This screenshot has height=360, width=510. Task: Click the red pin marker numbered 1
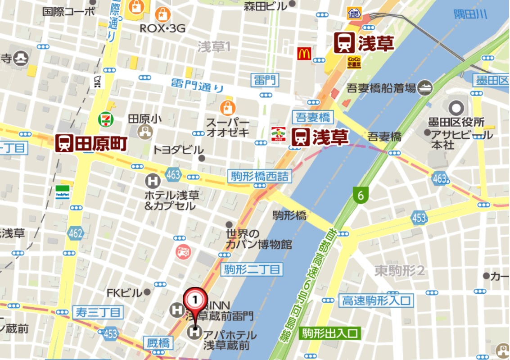(195, 299)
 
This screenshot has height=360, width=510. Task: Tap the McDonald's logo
(304, 54)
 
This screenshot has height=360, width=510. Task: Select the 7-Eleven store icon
(106, 119)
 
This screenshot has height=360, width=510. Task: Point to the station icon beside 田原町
(64, 143)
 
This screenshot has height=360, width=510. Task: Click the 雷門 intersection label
(266, 81)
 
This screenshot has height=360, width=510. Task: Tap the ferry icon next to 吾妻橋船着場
(425, 88)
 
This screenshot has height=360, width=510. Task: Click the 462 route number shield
(76, 233)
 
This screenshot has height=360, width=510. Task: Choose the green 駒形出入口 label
(330, 333)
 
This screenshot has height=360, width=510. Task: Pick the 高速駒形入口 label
(377, 300)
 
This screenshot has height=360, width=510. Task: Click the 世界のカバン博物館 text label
(258, 239)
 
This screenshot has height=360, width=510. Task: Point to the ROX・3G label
(162, 28)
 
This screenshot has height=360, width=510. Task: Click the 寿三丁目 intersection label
(98, 312)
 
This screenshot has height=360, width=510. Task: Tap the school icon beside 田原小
(146, 132)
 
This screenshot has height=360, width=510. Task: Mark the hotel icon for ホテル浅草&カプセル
(153, 181)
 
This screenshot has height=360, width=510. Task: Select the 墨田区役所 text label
(456, 122)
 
